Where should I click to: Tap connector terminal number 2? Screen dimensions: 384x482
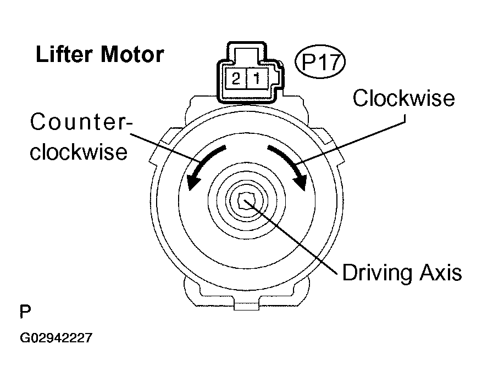pyautogui.click(x=236, y=79)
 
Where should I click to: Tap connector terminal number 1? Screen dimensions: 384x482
pyautogui.click(x=257, y=79)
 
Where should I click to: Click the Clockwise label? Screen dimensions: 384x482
pyautogui.click(x=404, y=98)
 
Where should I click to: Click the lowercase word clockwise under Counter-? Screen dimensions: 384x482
pyautogui.click(x=79, y=152)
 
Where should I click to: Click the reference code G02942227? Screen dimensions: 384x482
pyautogui.click(x=56, y=338)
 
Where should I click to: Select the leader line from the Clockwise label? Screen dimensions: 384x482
pyautogui.click(x=352, y=138)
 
